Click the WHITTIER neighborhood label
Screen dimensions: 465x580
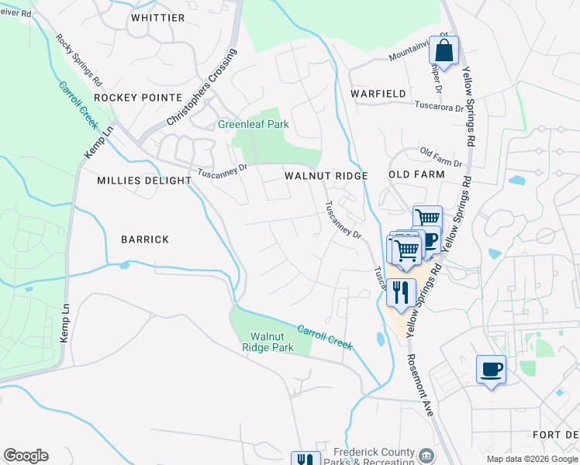click(158, 17)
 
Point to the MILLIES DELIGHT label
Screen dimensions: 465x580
click(144, 180)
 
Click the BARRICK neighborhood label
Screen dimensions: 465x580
click(144, 239)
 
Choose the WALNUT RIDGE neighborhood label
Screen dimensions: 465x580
click(326, 176)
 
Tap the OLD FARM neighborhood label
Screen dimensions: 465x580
click(416, 174)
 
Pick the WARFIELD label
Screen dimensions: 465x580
click(378, 94)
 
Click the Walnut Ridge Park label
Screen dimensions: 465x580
click(271, 342)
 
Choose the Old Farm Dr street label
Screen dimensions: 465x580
click(440, 157)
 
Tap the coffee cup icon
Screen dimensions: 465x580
click(491, 369)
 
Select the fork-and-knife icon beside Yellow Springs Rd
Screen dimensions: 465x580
click(400, 293)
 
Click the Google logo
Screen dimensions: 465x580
click(26, 456)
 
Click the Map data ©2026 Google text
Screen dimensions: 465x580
click(532, 459)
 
